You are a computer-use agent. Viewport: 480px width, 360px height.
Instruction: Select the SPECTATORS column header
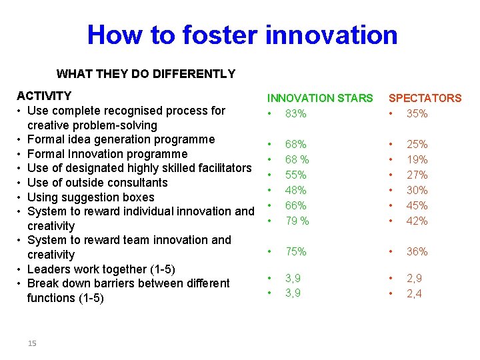pos(425,98)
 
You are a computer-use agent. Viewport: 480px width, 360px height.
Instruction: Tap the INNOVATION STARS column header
pos(320,98)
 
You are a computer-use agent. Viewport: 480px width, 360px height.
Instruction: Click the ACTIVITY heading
pos(44,96)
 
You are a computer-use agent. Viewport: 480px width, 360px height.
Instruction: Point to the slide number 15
pos(32,343)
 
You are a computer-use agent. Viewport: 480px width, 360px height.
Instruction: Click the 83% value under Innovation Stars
pos(295,114)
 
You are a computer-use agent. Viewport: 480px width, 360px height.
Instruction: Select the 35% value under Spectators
pos(417,114)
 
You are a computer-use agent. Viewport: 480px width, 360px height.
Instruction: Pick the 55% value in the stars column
pos(295,175)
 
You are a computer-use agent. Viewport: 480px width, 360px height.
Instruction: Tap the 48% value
pos(295,190)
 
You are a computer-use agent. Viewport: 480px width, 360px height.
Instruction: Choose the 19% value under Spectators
pos(417,159)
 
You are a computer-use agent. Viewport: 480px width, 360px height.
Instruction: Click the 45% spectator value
pos(417,205)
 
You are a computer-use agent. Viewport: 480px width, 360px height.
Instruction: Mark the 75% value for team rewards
pos(295,251)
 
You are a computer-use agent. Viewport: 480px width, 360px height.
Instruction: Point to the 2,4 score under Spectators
pos(414,293)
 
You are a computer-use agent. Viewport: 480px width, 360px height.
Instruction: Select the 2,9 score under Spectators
pos(414,277)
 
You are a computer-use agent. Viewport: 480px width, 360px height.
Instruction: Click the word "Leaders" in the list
pos(49,269)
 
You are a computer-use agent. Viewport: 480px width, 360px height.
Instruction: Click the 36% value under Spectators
pos(417,251)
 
